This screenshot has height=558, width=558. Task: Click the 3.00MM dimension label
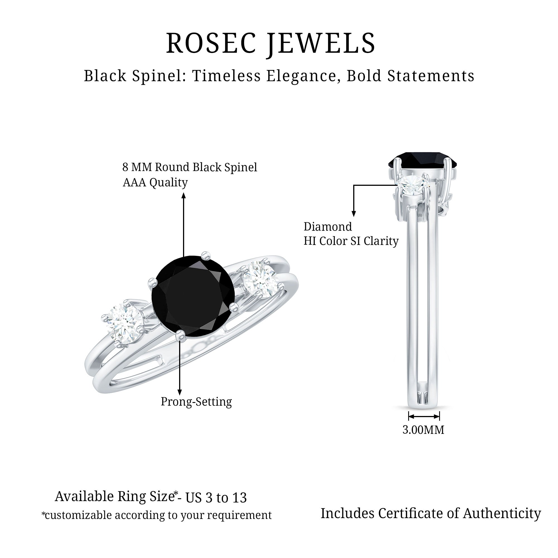pos(424,438)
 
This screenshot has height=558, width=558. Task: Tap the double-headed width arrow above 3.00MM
pos(424,424)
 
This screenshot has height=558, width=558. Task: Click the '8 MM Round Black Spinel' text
pos(190,167)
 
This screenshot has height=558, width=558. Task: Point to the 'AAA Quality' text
pos(155,182)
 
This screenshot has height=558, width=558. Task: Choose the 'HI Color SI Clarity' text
pos(351,241)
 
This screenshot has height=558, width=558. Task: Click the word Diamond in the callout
pos(328,227)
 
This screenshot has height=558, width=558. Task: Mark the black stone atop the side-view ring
pos(422,160)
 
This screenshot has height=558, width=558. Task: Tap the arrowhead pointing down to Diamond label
pos(354,214)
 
